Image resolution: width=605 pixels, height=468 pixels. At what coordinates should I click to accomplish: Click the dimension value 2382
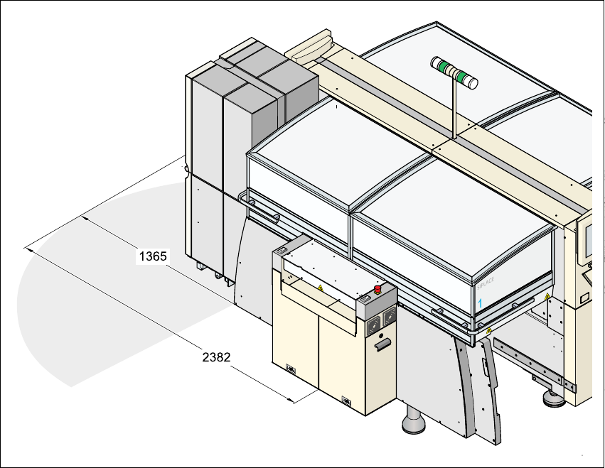[216, 357]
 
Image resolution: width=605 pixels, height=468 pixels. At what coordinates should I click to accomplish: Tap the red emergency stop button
[378, 289]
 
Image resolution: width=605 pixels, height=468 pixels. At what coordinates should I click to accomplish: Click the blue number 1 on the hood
[481, 303]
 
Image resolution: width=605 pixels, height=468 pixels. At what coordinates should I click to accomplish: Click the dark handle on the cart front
[382, 345]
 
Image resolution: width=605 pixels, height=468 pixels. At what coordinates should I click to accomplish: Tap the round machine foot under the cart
[413, 425]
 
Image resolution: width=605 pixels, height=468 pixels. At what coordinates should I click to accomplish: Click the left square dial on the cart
[375, 320]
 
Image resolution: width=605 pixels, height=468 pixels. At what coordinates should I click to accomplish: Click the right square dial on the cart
[388, 317]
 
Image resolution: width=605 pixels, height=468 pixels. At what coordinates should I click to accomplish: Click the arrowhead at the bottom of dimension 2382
[291, 401]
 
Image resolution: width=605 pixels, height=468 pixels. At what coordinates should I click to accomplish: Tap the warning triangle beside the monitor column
[547, 296]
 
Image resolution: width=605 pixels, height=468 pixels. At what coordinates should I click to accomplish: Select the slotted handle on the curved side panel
[484, 366]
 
